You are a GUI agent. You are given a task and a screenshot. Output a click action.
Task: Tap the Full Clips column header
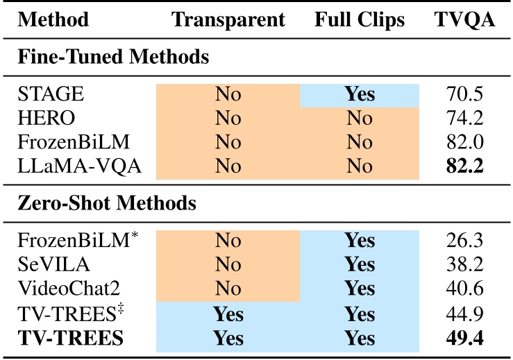point(359,20)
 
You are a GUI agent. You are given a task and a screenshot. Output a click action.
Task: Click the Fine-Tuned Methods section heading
point(113,58)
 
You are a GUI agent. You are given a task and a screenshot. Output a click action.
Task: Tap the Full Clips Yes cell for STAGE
point(359,94)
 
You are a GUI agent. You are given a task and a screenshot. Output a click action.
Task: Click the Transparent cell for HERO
point(228,118)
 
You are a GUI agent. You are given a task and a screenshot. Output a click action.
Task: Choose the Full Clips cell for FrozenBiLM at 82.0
point(359,142)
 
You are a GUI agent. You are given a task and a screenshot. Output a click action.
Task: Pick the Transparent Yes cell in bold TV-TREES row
point(228,338)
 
